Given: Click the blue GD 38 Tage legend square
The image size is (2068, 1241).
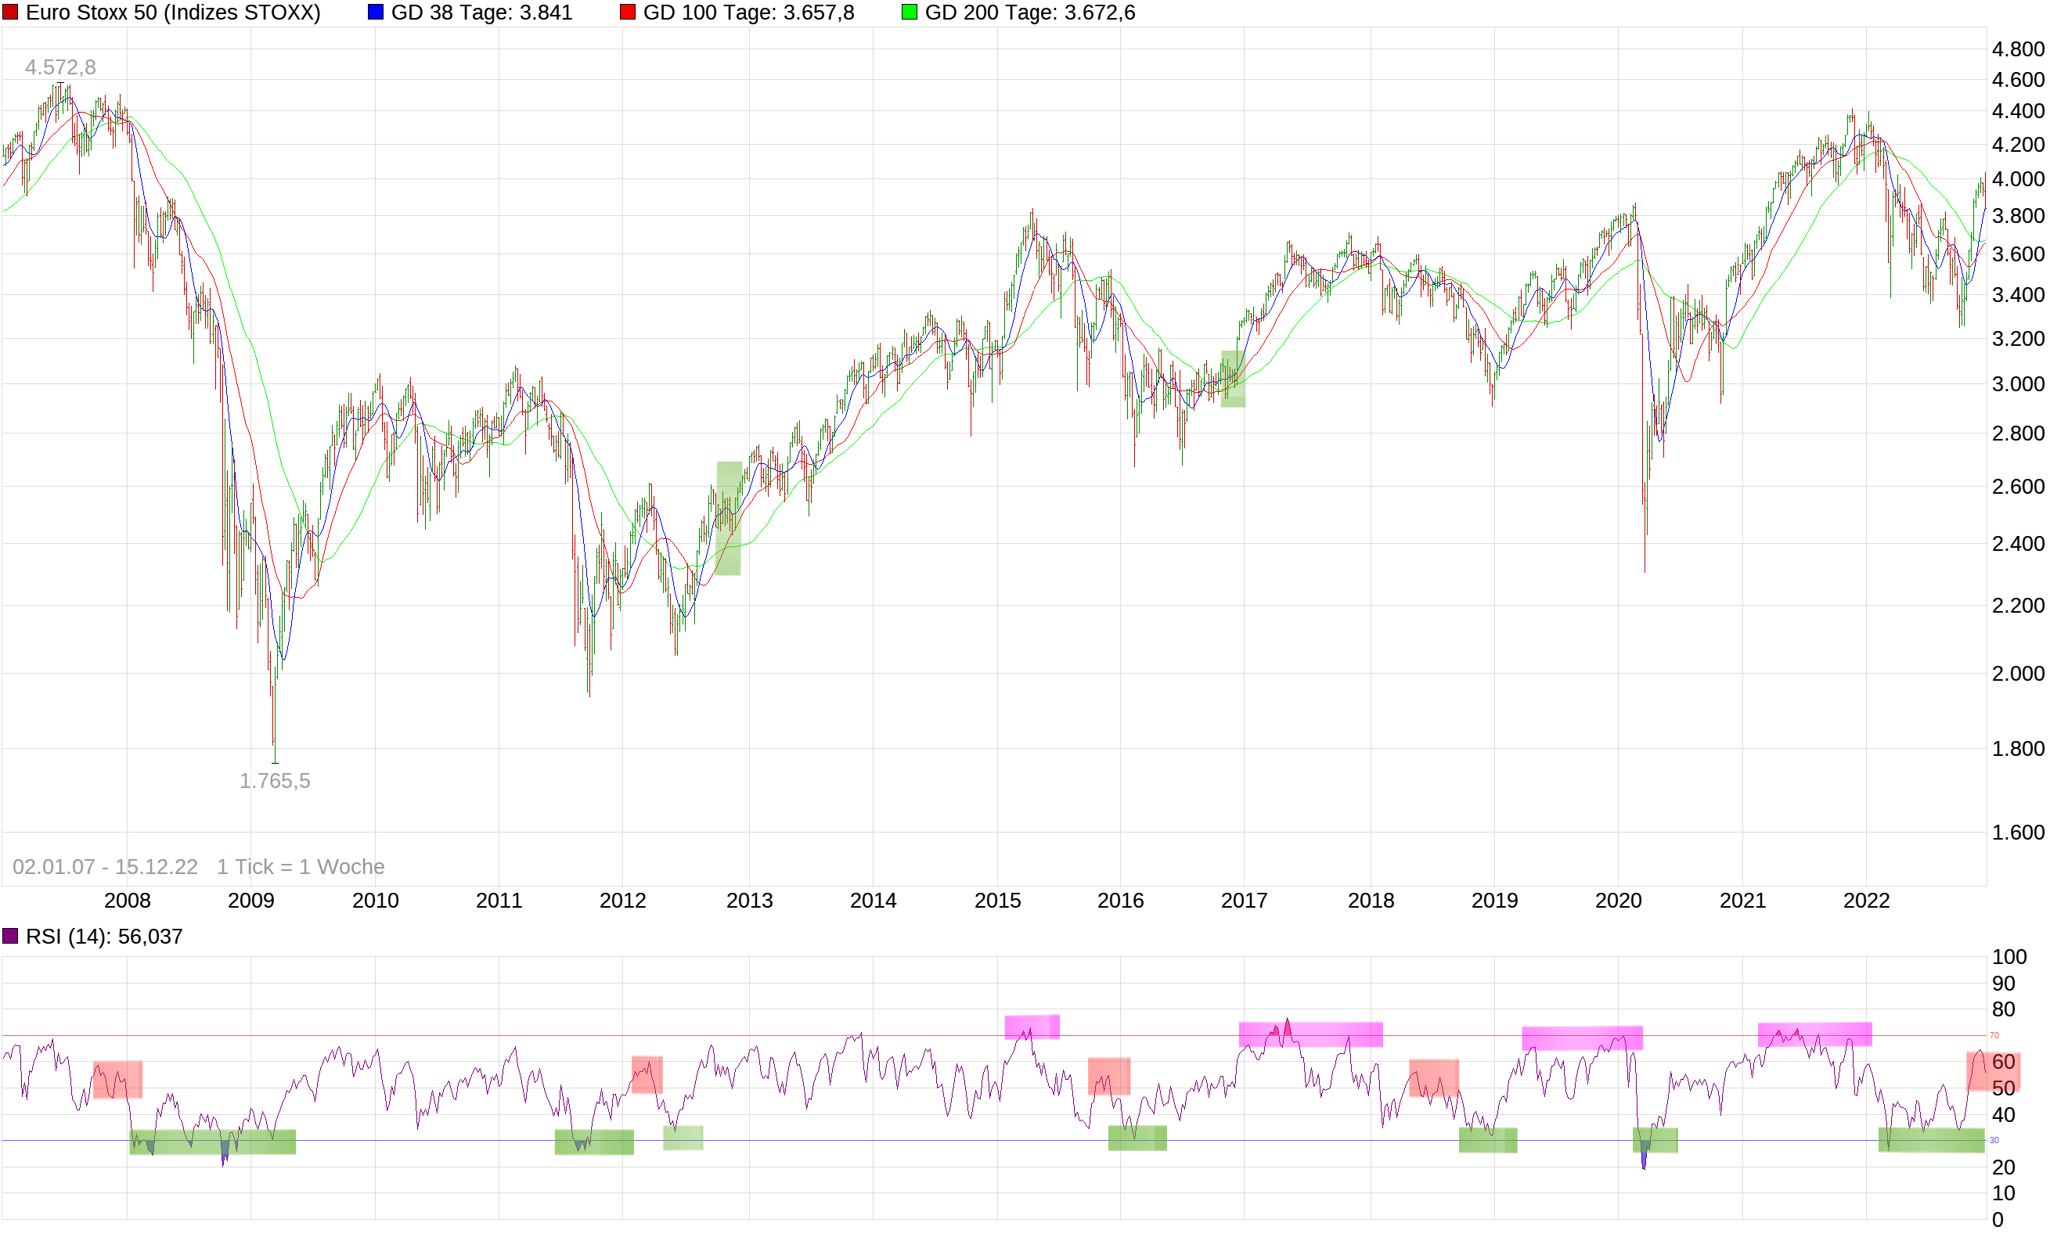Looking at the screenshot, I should tap(376, 13).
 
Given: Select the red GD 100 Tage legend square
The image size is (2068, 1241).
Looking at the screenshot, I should tap(628, 13).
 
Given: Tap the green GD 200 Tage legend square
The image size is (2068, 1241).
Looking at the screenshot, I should tap(910, 13).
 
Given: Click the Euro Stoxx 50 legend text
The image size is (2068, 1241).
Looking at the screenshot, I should tap(173, 13).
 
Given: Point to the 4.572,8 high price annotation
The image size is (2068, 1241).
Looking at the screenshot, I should tap(60, 67).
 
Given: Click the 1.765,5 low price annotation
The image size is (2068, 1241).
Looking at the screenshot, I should tap(275, 780).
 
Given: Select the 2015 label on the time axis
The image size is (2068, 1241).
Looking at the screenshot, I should tap(997, 901).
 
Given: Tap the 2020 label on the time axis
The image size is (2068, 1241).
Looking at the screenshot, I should tap(1618, 901).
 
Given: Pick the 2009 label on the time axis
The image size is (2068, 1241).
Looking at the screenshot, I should tap(251, 901).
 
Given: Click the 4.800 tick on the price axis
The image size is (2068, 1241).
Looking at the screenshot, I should tap(2018, 49).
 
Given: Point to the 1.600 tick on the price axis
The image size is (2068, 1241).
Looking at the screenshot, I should tap(2018, 832).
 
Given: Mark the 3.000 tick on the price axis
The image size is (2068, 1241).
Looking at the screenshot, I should tap(2018, 384).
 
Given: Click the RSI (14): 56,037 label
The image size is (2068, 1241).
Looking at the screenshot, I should tap(104, 937).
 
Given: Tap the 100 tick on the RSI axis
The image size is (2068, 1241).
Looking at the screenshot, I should tap(2009, 957).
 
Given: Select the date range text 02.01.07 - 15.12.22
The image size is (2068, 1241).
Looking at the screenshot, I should tap(106, 866).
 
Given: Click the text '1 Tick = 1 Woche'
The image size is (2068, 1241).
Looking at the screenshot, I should tap(301, 866).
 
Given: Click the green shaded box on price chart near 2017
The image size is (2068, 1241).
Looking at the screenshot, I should tap(1233, 379).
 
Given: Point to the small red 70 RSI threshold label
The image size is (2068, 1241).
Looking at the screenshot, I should tap(1994, 1035).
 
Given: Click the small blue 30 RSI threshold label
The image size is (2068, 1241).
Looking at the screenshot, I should tap(1994, 1141).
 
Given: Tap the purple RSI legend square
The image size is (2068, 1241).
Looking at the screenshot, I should tap(10, 936).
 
